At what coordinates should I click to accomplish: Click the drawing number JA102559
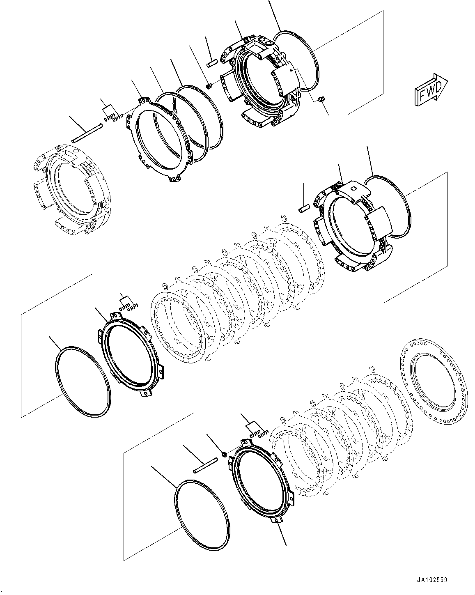click(x=432, y=580)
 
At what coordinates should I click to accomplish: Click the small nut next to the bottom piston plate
click(x=224, y=454)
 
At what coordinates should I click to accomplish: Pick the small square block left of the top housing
click(x=209, y=85)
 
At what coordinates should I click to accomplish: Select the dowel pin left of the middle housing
click(x=303, y=209)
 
